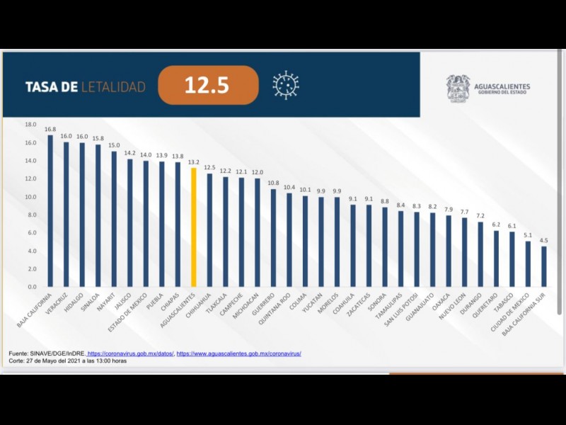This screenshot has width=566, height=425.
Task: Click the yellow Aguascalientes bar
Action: pyautogui.click(x=194, y=227)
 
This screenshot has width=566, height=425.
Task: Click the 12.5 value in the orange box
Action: pyautogui.click(x=207, y=86)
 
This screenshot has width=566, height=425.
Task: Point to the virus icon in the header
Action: pyautogui.click(x=286, y=85)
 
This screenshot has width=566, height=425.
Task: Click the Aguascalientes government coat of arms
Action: pyautogui.click(x=458, y=88)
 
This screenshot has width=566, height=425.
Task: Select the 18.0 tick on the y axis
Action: pyautogui.click(x=30, y=124)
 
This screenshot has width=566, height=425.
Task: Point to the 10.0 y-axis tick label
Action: pyautogui.click(x=30, y=197)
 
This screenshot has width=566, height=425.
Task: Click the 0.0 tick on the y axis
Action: pyautogui.click(x=31, y=287)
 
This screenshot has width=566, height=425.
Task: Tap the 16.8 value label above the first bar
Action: pyautogui.click(x=50, y=129)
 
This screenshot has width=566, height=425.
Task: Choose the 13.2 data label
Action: pyautogui.click(x=194, y=161)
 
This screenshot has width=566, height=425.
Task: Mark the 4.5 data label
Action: pyautogui.click(x=543, y=240)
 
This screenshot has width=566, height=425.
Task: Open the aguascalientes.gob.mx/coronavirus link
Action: pyautogui.click(x=238, y=353)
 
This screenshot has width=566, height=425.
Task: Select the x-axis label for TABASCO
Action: pyautogui.click(x=504, y=303)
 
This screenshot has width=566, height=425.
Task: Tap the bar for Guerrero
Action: pyautogui.click(x=273, y=237)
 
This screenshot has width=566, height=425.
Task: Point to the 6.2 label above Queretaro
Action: pyautogui.click(x=496, y=225)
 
